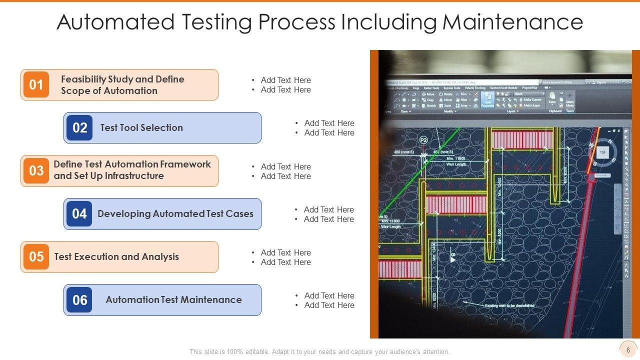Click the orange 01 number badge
click(x=36, y=84)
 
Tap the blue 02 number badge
click(x=79, y=127)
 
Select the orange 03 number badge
click(x=36, y=170)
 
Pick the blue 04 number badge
click(x=79, y=214)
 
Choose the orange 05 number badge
click(x=36, y=257)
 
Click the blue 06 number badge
click(x=79, y=300)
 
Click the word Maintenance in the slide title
click(x=512, y=22)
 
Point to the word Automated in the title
click(x=115, y=22)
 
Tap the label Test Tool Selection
click(x=141, y=127)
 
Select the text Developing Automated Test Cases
click(x=175, y=213)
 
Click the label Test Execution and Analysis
click(x=116, y=256)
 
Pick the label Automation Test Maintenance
click(x=173, y=299)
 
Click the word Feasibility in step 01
click(x=83, y=79)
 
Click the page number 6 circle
click(x=628, y=350)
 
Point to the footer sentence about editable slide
click(x=319, y=351)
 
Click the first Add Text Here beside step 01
click(x=285, y=80)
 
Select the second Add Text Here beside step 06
click(x=329, y=305)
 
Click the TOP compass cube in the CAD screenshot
click(x=602, y=152)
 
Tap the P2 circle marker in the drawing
click(x=424, y=140)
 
